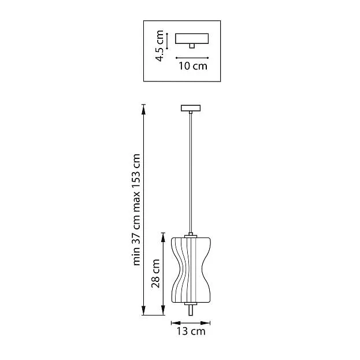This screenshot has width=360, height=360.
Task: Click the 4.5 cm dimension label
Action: pos(159,46)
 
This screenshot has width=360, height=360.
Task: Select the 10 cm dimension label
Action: pos(193,66)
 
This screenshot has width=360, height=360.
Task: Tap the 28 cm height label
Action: pos(155,273)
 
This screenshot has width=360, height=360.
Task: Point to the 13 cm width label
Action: pos(191,331)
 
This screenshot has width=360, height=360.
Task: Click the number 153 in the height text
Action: pos(136,168)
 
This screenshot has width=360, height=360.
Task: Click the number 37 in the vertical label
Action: pos(136,237)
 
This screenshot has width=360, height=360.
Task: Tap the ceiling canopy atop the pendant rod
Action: pos(191,108)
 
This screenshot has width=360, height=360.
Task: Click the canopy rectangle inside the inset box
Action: pos(192,39)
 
